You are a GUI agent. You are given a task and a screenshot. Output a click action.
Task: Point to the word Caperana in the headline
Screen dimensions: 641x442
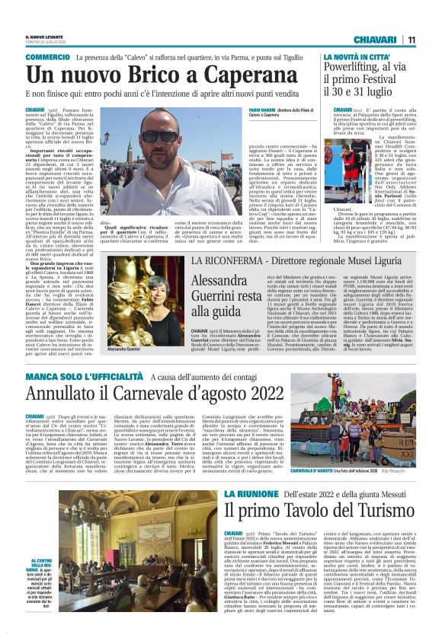click(x=248, y=75)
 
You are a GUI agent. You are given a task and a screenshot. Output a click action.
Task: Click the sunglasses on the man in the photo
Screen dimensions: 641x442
click(x=161, y=137)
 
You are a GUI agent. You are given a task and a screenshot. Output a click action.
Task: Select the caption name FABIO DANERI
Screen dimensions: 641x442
click(x=243, y=110)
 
